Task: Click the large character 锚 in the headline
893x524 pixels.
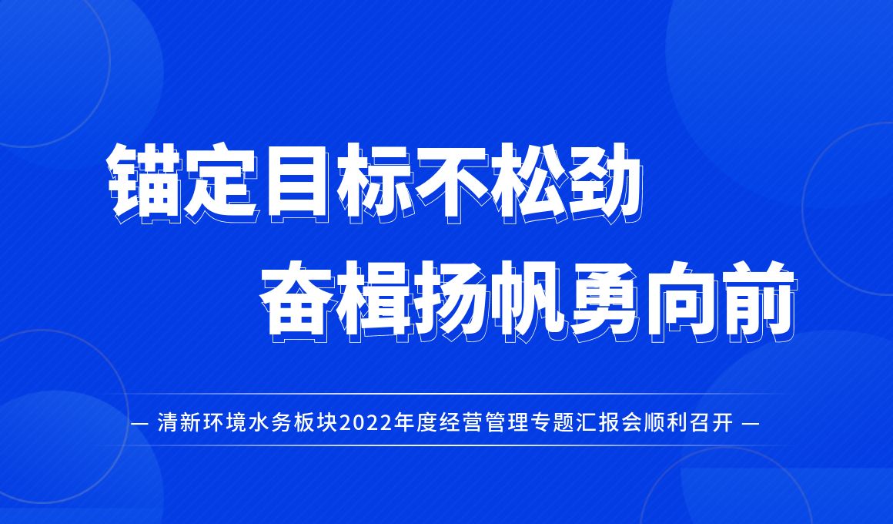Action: click(x=145, y=182)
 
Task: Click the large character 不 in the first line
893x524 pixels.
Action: click(x=452, y=182)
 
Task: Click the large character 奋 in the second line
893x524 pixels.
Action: click(x=299, y=301)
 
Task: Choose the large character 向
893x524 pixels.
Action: click(x=681, y=301)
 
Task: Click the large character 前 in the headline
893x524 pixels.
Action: click(x=758, y=301)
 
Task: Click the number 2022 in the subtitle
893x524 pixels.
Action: click(x=369, y=424)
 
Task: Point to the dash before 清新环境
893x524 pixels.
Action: click(x=139, y=425)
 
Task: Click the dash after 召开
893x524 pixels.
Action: click(x=751, y=425)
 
